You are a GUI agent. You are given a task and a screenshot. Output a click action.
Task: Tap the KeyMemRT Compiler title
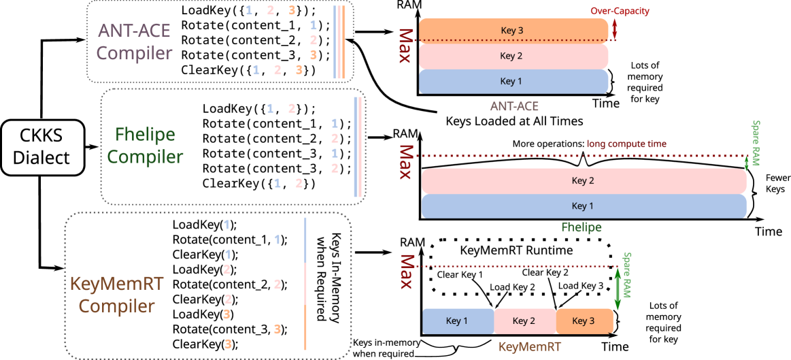(x=117, y=295)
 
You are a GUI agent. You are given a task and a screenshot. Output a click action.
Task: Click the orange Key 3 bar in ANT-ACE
(x=513, y=31)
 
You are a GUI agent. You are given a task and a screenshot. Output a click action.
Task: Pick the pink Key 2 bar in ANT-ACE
(x=513, y=56)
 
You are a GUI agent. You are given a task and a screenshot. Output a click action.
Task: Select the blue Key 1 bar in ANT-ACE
(x=513, y=82)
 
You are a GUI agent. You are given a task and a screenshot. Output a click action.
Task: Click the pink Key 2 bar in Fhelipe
(x=584, y=181)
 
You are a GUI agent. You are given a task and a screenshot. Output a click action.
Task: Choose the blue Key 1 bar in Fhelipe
(x=584, y=206)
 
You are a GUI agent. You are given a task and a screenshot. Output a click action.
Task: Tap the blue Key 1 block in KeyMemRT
(x=458, y=321)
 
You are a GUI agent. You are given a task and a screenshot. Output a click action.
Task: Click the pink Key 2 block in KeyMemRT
(x=524, y=321)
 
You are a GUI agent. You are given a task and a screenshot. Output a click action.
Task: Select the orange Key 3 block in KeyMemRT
(x=584, y=321)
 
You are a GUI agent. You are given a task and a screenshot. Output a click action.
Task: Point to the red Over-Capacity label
(x=620, y=12)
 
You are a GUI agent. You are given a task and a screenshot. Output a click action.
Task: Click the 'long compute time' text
(x=626, y=144)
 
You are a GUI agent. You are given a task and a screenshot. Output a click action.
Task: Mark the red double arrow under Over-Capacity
(x=614, y=29)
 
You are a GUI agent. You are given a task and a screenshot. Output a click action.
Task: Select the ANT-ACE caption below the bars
(x=514, y=107)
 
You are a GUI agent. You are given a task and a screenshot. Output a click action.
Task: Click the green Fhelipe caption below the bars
(x=581, y=227)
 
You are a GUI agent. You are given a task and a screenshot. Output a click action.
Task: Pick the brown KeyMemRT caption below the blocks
(x=530, y=347)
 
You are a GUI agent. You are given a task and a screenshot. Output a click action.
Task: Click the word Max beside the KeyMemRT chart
(x=406, y=271)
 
